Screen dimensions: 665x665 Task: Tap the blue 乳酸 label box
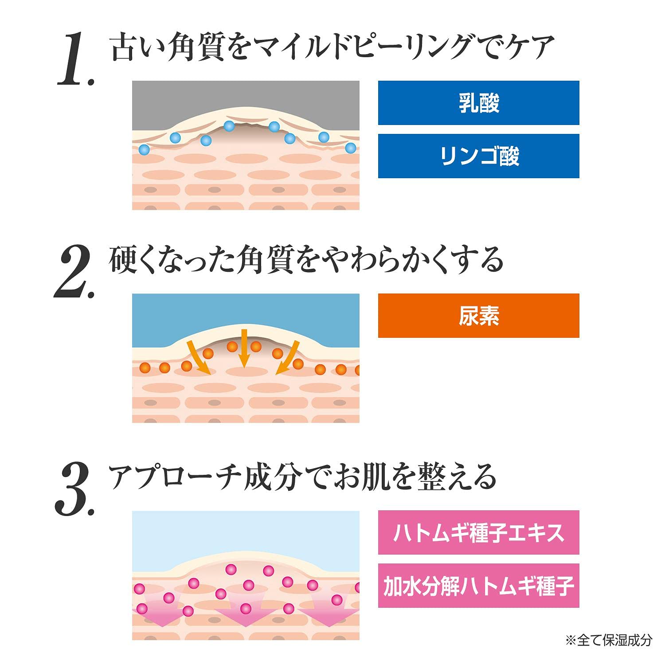(x=478, y=103)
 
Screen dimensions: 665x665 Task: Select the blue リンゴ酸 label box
(x=478, y=156)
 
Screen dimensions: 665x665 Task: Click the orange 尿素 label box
(x=478, y=316)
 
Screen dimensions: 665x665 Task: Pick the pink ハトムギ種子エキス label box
(x=478, y=532)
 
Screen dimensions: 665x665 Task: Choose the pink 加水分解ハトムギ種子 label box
(x=478, y=586)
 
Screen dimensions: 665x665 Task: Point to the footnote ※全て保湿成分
(x=609, y=640)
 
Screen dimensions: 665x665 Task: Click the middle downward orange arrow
(x=243, y=348)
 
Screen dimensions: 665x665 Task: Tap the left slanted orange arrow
(x=198, y=357)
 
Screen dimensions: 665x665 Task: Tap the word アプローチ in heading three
(x=176, y=477)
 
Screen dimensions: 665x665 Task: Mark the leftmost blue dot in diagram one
(x=144, y=149)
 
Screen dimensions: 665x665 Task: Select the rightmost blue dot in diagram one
(x=351, y=148)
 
